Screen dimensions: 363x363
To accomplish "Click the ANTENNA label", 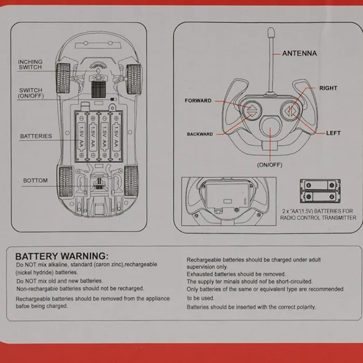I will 299,53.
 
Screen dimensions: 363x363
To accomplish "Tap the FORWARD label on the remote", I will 198,101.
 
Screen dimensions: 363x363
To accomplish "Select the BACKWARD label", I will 200,134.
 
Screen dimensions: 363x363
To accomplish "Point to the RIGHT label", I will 328,88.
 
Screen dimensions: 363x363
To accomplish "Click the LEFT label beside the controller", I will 333,133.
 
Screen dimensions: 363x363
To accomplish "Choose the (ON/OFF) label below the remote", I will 269,165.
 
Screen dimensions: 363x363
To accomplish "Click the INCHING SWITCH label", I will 30,64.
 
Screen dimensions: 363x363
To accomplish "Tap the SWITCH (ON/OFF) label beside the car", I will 31,93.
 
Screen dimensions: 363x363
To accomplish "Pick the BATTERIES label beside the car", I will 36,136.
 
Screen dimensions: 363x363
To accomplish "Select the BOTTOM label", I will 35,180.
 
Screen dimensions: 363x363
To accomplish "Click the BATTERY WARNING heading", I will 62,256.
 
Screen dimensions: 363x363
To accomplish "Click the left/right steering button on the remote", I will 289,110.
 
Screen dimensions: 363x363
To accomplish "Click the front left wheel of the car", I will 63,71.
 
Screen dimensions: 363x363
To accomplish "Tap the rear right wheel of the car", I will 131,180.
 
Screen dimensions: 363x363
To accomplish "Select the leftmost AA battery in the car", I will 82,135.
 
